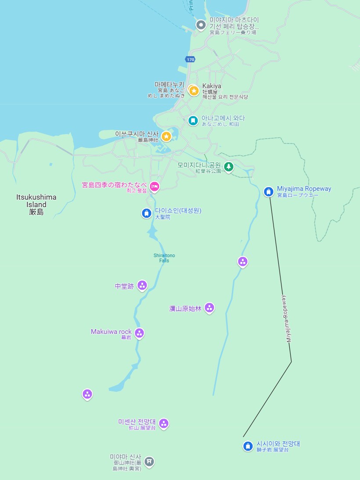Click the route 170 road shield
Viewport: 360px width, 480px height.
tap(190, 59)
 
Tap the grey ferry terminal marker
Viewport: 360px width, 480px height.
tap(201, 25)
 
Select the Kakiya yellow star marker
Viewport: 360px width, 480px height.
tap(194, 90)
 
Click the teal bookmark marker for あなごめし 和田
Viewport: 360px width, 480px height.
tap(193, 120)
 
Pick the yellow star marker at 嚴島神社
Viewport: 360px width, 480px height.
tap(166, 136)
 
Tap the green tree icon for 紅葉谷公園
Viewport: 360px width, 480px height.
tap(228, 166)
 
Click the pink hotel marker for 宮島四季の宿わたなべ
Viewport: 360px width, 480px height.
tap(155, 186)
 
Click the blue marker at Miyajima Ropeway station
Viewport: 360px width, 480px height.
tap(269, 191)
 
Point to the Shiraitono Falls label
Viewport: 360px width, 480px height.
tap(164, 258)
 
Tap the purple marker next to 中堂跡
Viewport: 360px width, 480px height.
tap(142, 286)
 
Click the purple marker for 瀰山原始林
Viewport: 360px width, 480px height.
tap(209, 308)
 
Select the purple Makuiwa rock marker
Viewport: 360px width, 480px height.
tap(140, 333)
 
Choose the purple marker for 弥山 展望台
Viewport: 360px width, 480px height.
tap(164, 423)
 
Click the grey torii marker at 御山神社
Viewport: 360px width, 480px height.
tap(149, 461)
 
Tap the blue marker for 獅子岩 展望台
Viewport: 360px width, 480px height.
tap(248, 446)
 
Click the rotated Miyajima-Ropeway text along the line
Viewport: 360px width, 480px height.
tap(286, 319)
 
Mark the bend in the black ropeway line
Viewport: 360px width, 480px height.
tap(291, 362)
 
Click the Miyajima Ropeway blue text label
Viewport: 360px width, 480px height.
tap(304, 189)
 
